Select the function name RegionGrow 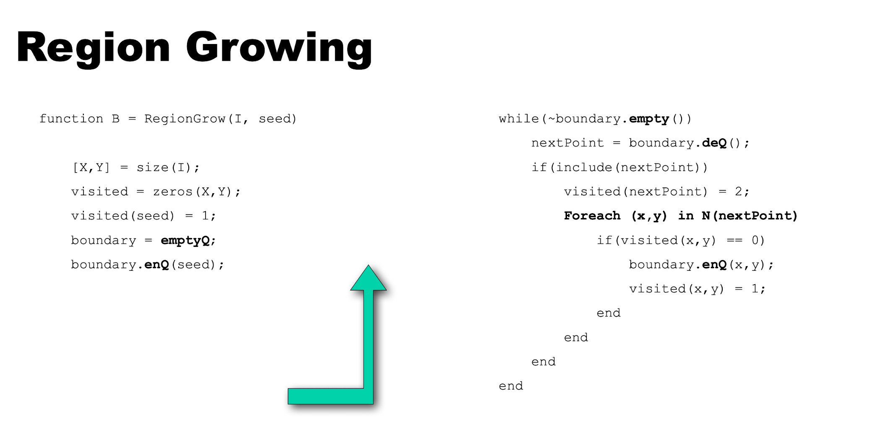click(185, 119)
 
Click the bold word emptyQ click(185, 241)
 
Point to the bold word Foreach click(592, 216)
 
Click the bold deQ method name click(714, 143)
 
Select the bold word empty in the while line click(649, 119)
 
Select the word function click(71, 119)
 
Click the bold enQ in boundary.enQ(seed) click(156, 265)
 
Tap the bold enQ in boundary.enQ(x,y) click(714, 265)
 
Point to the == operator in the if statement click(734, 241)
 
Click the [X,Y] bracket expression click(91, 168)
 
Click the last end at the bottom click(511, 386)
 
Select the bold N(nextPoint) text click(749, 216)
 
